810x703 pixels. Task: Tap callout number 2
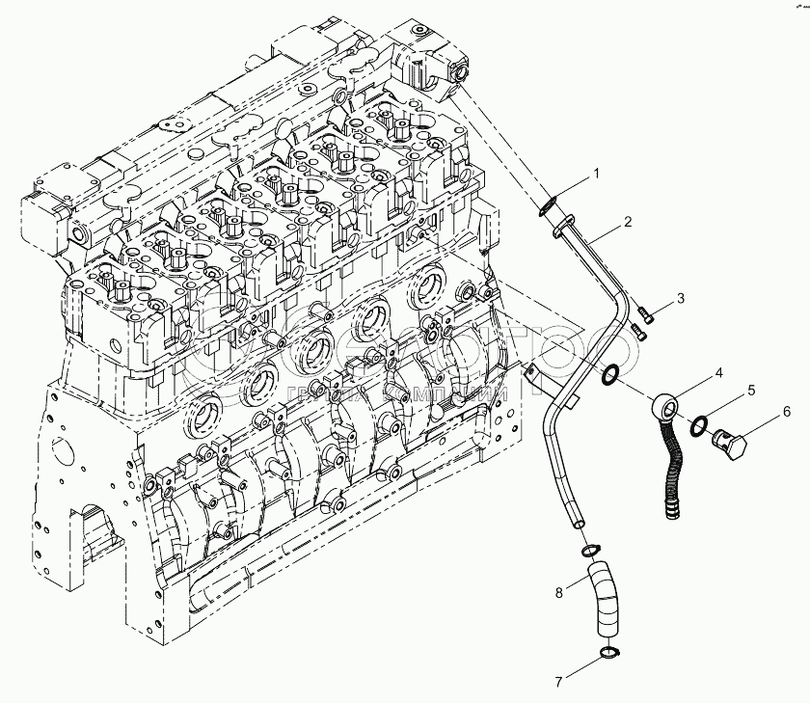click(628, 223)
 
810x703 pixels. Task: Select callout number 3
click(680, 298)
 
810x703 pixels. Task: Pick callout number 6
click(786, 412)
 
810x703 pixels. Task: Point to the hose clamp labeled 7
click(607, 656)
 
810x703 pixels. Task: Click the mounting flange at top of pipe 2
click(560, 227)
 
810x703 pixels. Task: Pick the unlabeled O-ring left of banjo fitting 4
click(611, 373)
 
